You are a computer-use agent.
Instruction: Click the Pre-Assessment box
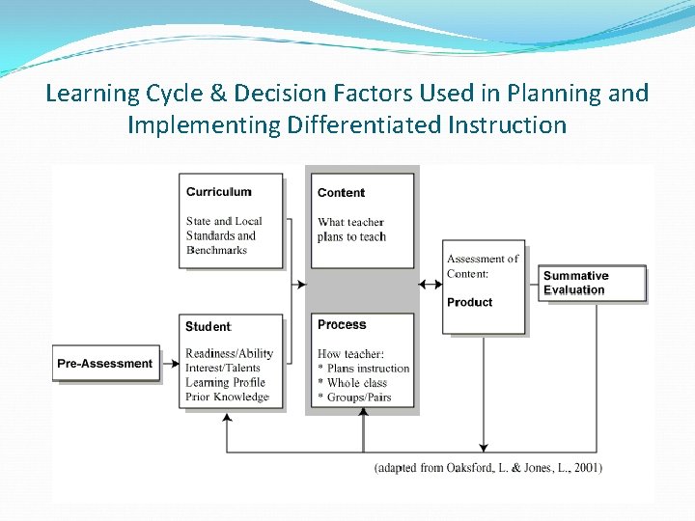pos(105,364)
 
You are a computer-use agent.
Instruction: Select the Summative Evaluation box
pos(592,283)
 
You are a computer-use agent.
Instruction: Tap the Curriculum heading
pos(218,192)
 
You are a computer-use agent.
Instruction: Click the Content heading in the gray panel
pos(341,192)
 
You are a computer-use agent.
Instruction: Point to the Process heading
pos(342,325)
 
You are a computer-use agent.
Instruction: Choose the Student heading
pos(208,327)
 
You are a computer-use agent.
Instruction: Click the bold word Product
pos(469,302)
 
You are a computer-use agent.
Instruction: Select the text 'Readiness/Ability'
pos(230,354)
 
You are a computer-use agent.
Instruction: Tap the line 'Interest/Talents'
pos(223,368)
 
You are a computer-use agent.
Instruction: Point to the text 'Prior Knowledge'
pos(227,397)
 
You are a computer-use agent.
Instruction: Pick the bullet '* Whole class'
pos(353,383)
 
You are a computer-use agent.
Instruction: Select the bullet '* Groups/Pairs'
pos(354,398)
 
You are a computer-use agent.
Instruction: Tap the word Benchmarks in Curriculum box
pos(216,250)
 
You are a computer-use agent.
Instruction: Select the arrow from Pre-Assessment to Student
pos(170,364)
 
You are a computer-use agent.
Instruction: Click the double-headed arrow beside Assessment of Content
pos(431,284)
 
